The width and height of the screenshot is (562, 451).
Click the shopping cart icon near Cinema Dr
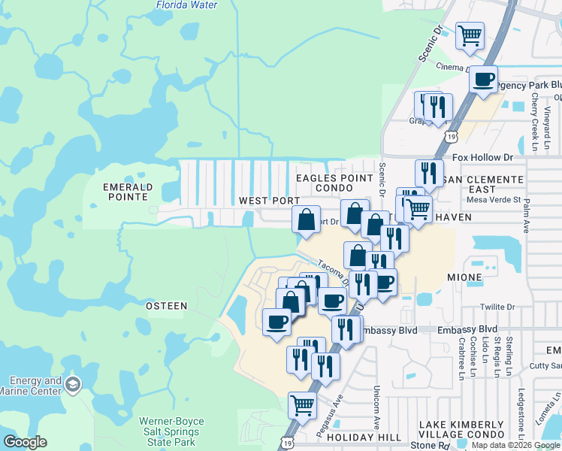470,35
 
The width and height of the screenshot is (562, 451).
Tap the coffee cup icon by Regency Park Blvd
484,79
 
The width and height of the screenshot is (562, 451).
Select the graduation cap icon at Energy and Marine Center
73,386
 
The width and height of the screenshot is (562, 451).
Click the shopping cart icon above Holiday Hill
302,405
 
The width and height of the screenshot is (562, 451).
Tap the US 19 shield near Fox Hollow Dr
450,136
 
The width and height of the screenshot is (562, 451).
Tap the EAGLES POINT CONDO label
334,183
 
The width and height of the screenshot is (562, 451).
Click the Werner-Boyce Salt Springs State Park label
171,432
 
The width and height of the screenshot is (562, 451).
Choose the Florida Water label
186,5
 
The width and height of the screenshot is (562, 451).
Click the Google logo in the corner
26,441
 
